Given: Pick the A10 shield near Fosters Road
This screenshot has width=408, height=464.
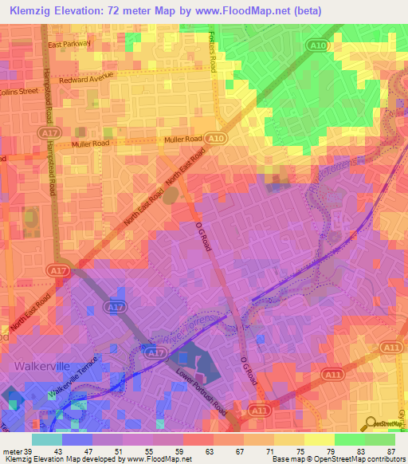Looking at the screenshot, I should click(x=317, y=46).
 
